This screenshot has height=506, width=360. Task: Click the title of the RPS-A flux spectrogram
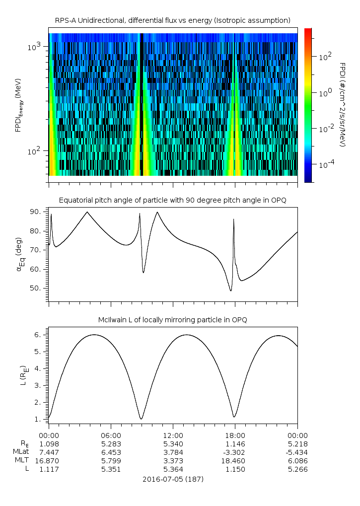click(x=173, y=20)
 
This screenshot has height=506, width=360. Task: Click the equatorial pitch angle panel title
click(x=173, y=200)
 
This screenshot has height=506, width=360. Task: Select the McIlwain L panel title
click(x=173, y=319)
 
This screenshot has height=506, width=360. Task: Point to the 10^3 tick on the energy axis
click(x=36, y=47)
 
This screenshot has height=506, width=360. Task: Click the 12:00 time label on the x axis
click(x=173, y=434)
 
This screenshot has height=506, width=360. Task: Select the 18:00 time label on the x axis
click(x=235, y=434)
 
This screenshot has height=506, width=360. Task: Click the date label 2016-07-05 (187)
click(x=173, y=479)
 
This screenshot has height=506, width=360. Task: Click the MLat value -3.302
click(x=235, y=452)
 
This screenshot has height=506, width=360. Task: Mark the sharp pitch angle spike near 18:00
click(x=234, y=219)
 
